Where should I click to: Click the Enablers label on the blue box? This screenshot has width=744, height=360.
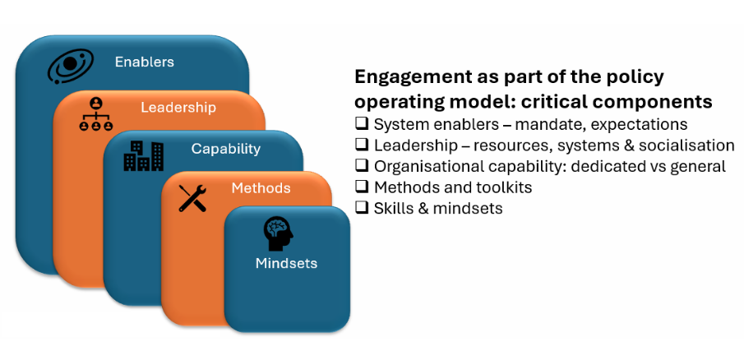point(144,62)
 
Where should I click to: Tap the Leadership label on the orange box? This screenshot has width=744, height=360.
point(178,108)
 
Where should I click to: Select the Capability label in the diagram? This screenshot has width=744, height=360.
point(225,149)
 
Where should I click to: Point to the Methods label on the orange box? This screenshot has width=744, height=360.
point(261,188)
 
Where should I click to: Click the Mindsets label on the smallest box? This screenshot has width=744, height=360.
point(286,264)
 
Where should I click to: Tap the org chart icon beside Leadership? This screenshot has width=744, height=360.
point(96,114)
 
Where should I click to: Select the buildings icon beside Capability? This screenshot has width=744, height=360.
point(143,155)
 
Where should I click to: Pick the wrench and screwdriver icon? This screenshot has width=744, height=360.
point(192,198)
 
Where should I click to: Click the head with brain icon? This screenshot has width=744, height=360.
point(278,233)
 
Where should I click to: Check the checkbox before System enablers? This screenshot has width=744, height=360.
point(362,124)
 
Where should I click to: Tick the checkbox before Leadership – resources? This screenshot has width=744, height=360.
point(362,145)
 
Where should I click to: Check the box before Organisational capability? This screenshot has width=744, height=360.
point(362,166)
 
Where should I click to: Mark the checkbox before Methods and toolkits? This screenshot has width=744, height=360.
point(362,187)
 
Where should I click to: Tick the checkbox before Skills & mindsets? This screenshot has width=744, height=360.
point(362,208)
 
